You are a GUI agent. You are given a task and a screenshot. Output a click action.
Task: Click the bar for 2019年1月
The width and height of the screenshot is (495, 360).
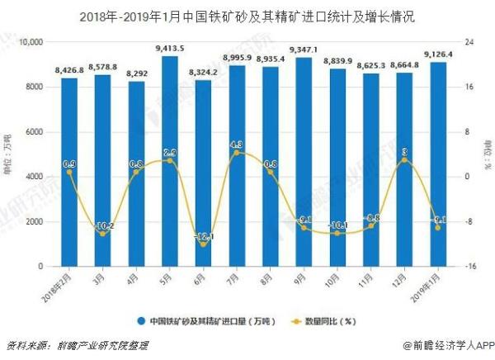pyautogui.click(x=439, y=164)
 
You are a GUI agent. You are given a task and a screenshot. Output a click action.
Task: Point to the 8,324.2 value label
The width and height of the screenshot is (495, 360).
pyautogui.click(x=203, y=72)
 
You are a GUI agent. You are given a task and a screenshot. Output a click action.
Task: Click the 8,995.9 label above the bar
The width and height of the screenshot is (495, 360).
pyautogui.click(x=237, y=57)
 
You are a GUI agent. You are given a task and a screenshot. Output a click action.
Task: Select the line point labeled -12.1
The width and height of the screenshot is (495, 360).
pyautogui.click(x=203, y=244)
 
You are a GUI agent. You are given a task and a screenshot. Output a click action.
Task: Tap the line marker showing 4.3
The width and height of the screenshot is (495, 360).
pyautogui.click(x=237, y=153)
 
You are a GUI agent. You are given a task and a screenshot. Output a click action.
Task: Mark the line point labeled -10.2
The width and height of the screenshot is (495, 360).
pyautogui.click(x=103, y=234)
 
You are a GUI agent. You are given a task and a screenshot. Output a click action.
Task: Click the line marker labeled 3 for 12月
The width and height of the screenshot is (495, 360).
pyautogui.click(x=405, y=160)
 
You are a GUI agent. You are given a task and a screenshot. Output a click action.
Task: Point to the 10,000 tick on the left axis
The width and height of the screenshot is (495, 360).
pyautogui.click(x=31, y=42)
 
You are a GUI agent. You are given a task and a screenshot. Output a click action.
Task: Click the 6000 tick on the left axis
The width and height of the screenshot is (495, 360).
pyautogui.click(x=35, y=132)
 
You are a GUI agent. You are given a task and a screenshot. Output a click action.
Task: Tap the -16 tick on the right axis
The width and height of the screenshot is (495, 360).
pyautogui.click(x=468, y=267)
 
